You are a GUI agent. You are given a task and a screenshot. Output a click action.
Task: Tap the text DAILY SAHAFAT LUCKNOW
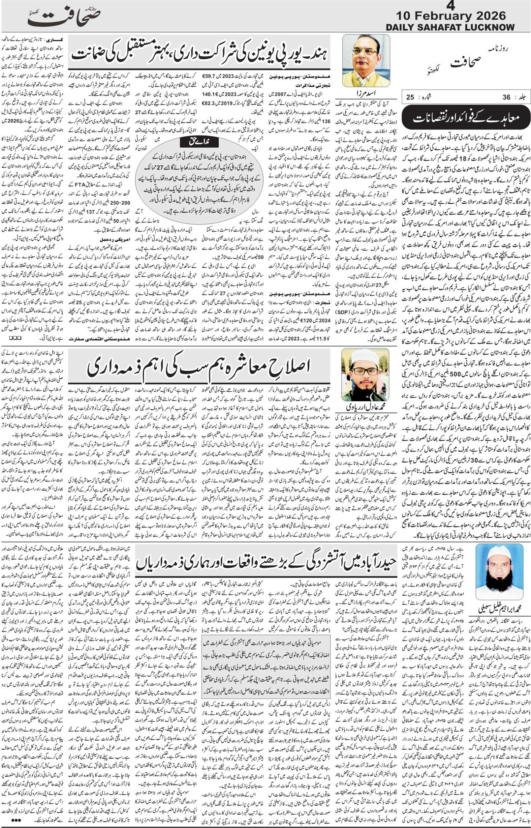(450, 27)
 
